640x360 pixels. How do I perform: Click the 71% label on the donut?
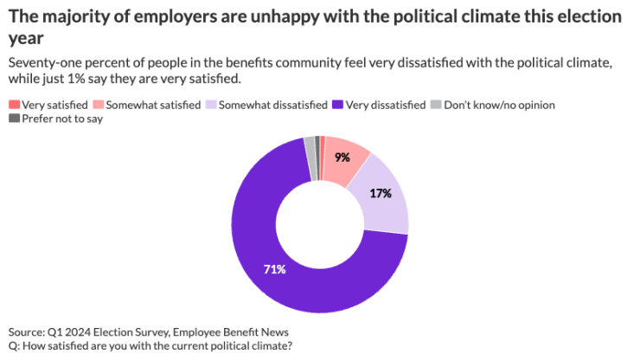274,269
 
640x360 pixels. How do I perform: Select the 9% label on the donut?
342,158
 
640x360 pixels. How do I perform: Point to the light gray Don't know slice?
310,147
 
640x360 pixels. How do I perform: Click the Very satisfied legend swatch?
14,105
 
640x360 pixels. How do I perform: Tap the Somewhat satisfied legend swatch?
98,105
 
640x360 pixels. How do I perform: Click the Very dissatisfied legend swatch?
336,105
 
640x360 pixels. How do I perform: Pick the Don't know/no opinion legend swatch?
436,105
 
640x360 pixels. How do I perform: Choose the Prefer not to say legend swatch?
14,119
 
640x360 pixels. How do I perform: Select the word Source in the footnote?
28,332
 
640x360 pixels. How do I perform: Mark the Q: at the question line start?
15,346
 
